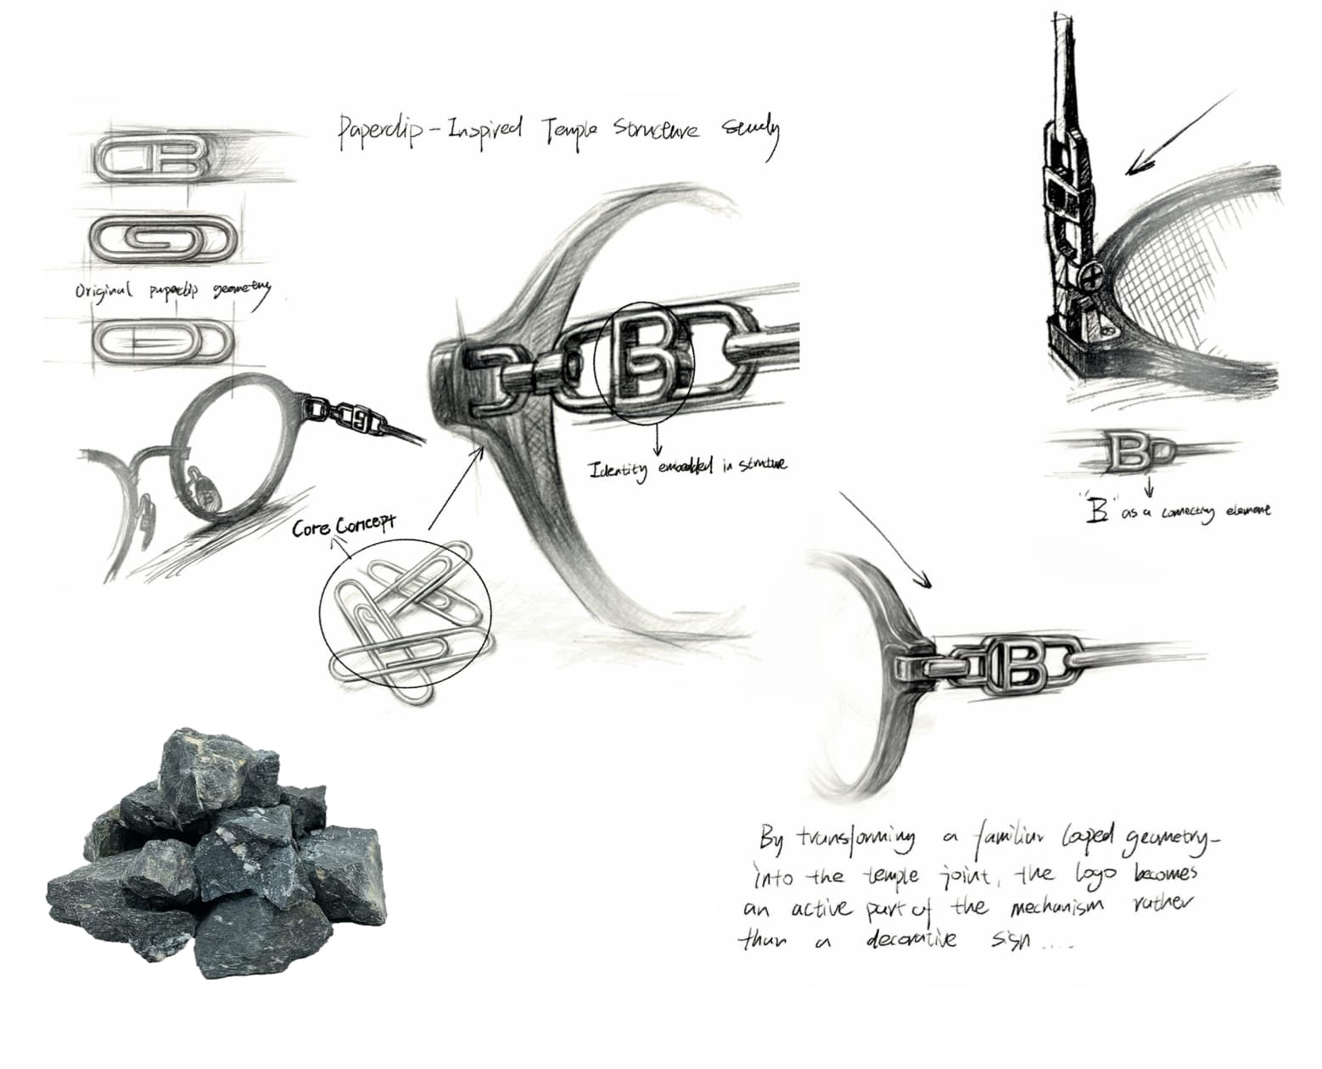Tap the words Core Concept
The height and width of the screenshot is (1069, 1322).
(x=343, y=526)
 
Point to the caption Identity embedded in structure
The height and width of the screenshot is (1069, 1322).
(x=687, y=466)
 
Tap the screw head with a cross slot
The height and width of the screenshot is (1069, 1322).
(x=1091, y=275)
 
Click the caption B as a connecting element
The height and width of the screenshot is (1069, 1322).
(x=1179, y=512)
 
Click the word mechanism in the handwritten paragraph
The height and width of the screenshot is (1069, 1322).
(x=1056, y=907)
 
